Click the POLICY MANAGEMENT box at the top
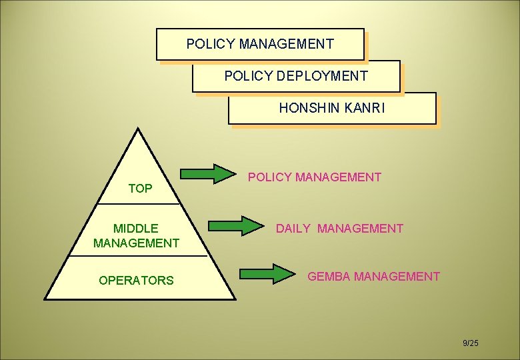260,45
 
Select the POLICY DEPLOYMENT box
296,76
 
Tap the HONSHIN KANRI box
332,108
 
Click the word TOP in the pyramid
140,189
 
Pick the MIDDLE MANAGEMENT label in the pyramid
136,236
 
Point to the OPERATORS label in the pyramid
136,281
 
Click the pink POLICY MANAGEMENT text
315,177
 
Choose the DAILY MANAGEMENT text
339,229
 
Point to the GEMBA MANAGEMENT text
373,276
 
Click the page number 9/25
471,343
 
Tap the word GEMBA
329,276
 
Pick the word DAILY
293,229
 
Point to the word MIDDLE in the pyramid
136,229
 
